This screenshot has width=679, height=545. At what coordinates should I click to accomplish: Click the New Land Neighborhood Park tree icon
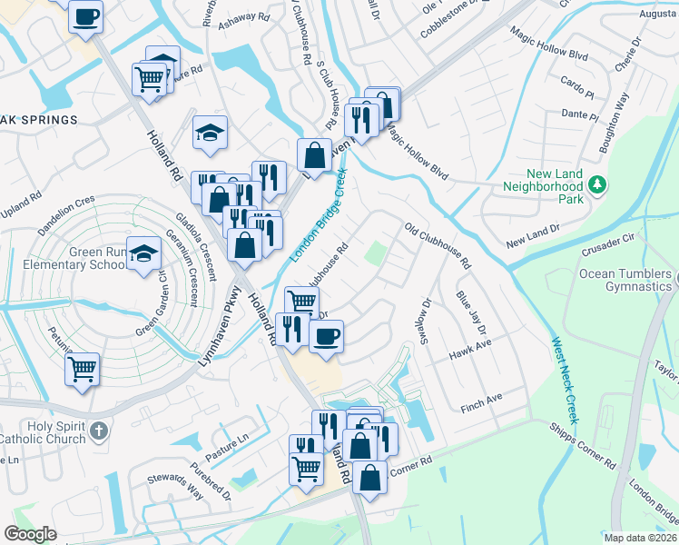(x=597, y=186)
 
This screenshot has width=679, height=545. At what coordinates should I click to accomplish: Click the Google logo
(x=31, y=533)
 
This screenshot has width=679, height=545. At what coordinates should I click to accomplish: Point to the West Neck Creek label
(x=564, y=381)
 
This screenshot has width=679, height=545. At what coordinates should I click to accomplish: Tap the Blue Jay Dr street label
(x=471, y=311)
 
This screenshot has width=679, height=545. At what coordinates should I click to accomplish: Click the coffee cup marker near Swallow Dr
(x=326, y=336)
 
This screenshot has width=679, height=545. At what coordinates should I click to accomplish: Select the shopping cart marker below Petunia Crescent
(x=83, y=370)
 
